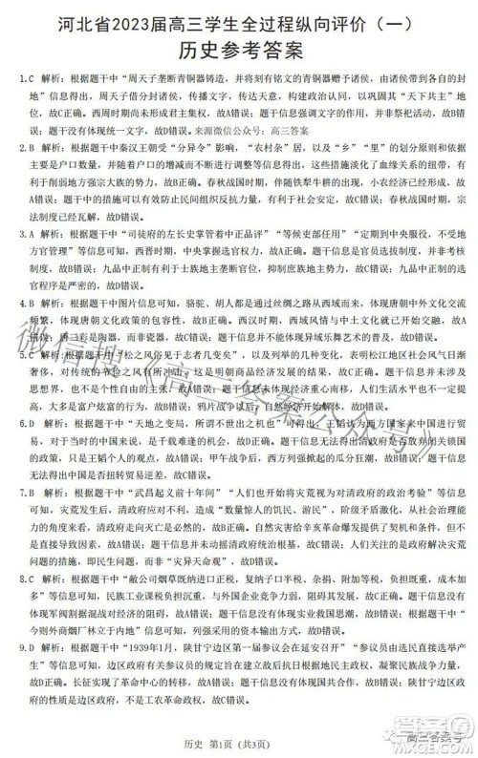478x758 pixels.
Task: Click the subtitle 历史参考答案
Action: tap(238, 49)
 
